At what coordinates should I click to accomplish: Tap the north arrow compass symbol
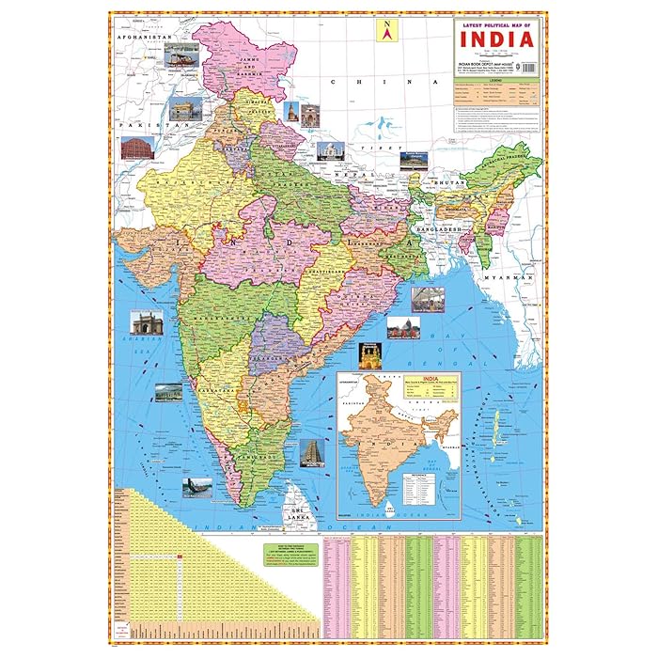coord(384,30)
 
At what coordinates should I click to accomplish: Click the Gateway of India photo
coord(147,322)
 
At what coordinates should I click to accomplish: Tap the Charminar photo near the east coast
coord(370,355)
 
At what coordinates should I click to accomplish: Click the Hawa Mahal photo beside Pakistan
coord(137,147)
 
